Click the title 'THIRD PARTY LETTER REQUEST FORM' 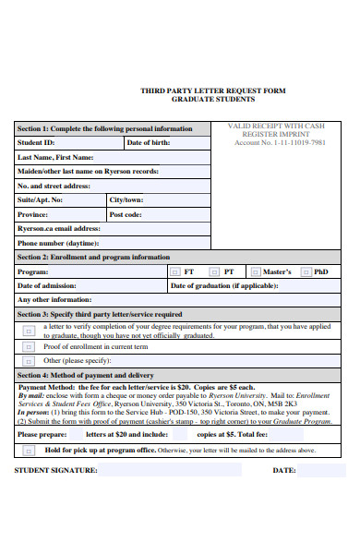[212, 90]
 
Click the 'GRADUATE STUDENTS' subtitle [212, 100]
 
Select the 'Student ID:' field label [37, 143]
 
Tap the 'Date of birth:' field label [148, 143]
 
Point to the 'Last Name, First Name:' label [54, 157]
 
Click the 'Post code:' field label [126, 214]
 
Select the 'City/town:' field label [126, 199]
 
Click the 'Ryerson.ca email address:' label [59, 228]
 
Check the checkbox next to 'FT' [175, 272]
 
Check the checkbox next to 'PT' [214, 272]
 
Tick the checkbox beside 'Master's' [254, 272]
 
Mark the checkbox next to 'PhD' [306, 272]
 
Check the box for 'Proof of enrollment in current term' [30, 347]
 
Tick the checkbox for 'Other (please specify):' [30, 361]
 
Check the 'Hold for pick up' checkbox [30, 450]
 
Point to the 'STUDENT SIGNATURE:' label [55, 470]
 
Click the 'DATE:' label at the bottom [283, 470]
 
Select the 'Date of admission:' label [47, 286]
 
